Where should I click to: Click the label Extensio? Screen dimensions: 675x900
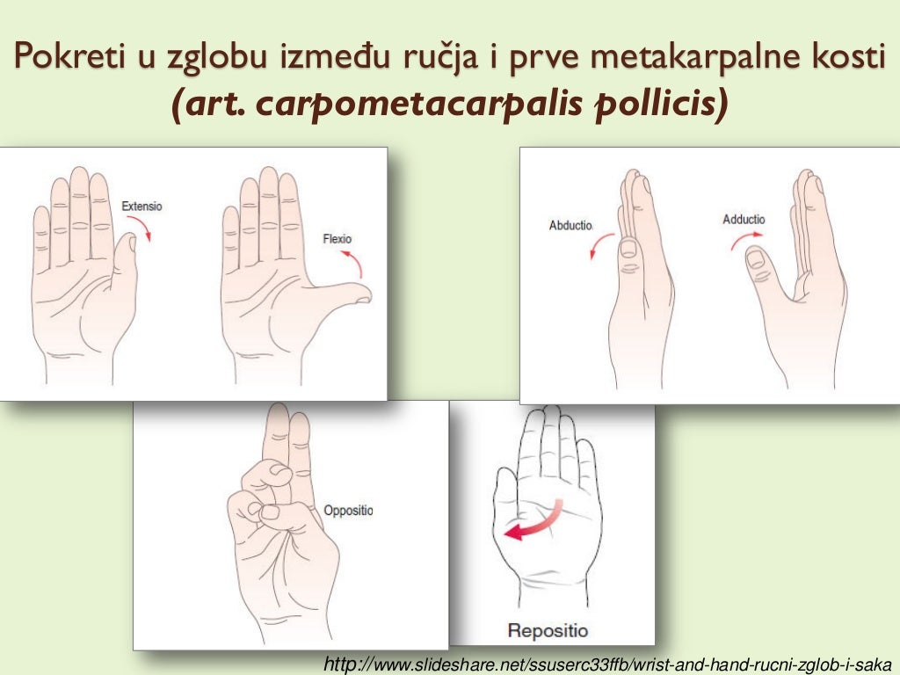[x=142, y=207]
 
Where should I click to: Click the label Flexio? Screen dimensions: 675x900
[x=337, y=238]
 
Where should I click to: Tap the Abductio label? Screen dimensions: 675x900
[x=570, y=225]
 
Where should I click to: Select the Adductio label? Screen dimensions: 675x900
[x=744, y=219]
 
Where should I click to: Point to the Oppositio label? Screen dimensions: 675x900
[x=348, y=511]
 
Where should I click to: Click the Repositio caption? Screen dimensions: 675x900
[x=548, y=630]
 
